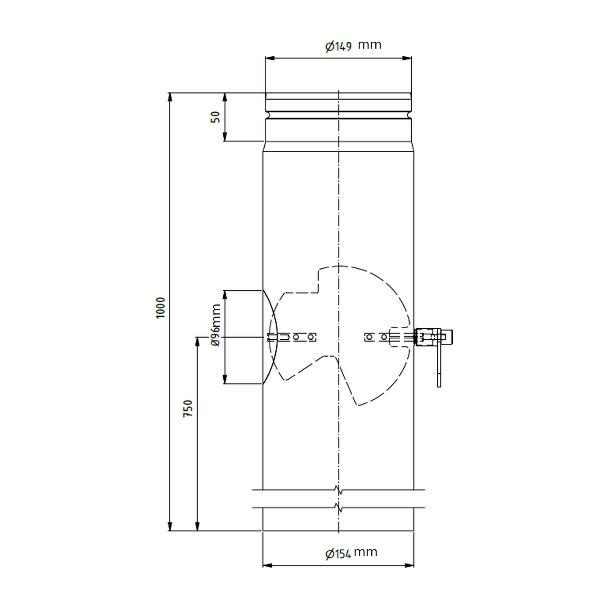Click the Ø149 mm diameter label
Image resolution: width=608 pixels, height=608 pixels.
coord(353,45)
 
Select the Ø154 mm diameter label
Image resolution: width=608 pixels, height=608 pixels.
coord(351,553)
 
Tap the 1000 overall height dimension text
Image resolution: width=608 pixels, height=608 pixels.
coord(161,308)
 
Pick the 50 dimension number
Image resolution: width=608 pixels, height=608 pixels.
coord(216,117)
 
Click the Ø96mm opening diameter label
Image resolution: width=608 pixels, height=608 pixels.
coord(216,325)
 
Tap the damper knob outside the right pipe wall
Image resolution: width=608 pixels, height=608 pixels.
coord(448,336)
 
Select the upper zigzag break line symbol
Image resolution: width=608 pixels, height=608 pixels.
coord(338,490)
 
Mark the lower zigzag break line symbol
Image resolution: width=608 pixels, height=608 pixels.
coord(338,507)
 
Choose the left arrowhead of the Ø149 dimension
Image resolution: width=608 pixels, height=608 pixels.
coord(270,58)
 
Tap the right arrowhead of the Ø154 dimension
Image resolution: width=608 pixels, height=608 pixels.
coord(409,565)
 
